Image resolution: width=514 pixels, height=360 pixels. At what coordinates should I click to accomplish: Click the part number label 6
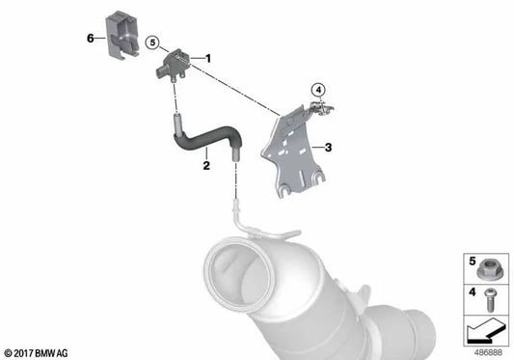coord(90,39)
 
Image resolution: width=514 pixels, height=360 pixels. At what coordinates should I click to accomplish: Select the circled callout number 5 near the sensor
coord(151,42)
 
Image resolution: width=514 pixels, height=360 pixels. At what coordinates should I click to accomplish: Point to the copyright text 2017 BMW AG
coord(37,351)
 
